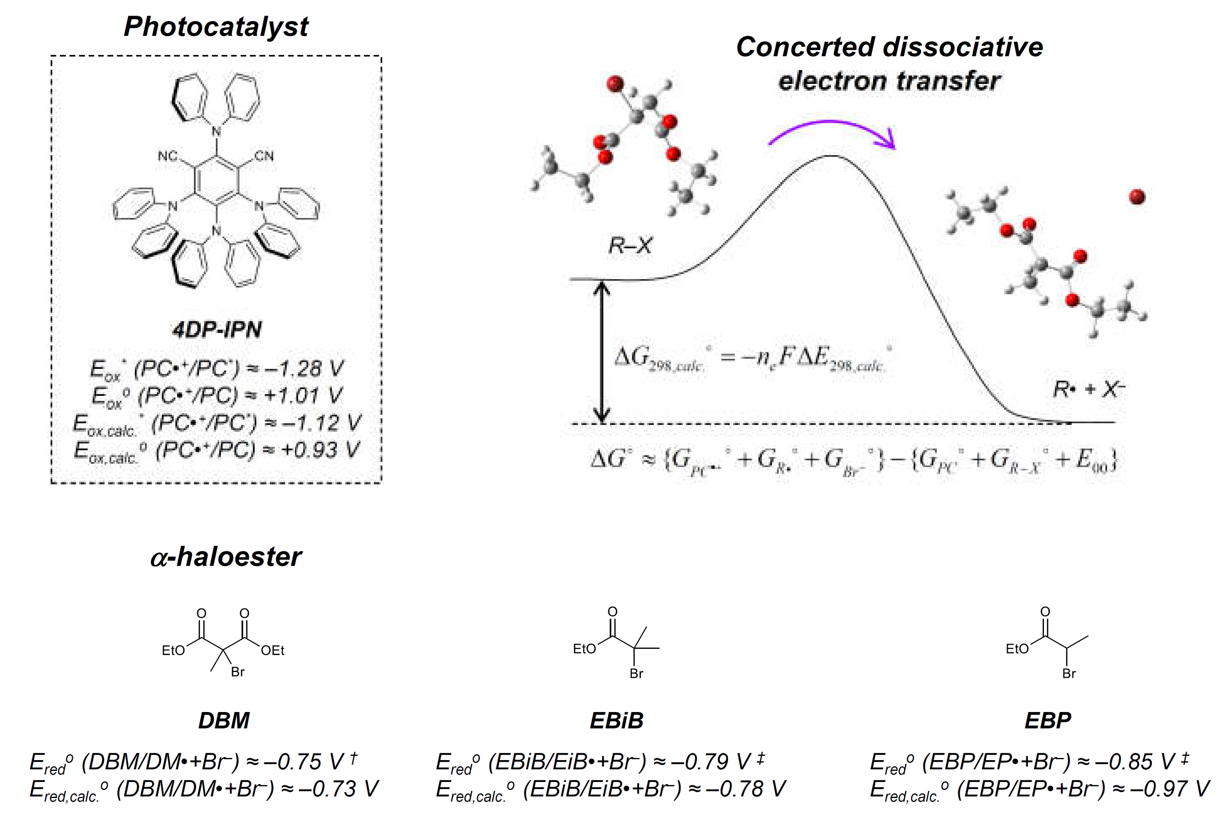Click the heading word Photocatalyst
[216, 27]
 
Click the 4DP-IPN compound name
[217, 330]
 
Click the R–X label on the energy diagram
[630, 245]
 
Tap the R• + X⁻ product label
[1088, 390]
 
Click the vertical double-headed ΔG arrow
[602, 352]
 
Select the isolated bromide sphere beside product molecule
[1137, 197]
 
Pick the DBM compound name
[224, 720]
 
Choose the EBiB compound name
[616, 720]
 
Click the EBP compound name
[1048, 720]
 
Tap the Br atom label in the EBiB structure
[636, 674]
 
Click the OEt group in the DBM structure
[273, 650]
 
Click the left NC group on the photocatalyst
[168, 156]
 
